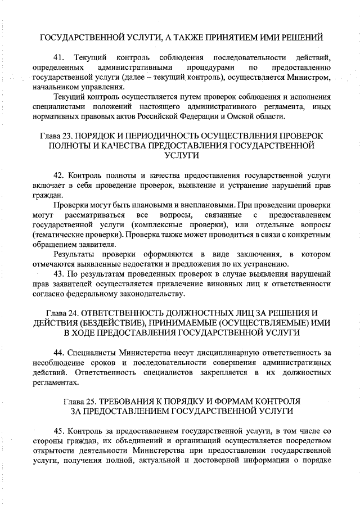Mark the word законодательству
pyautogui.click(x=147, y=294)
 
